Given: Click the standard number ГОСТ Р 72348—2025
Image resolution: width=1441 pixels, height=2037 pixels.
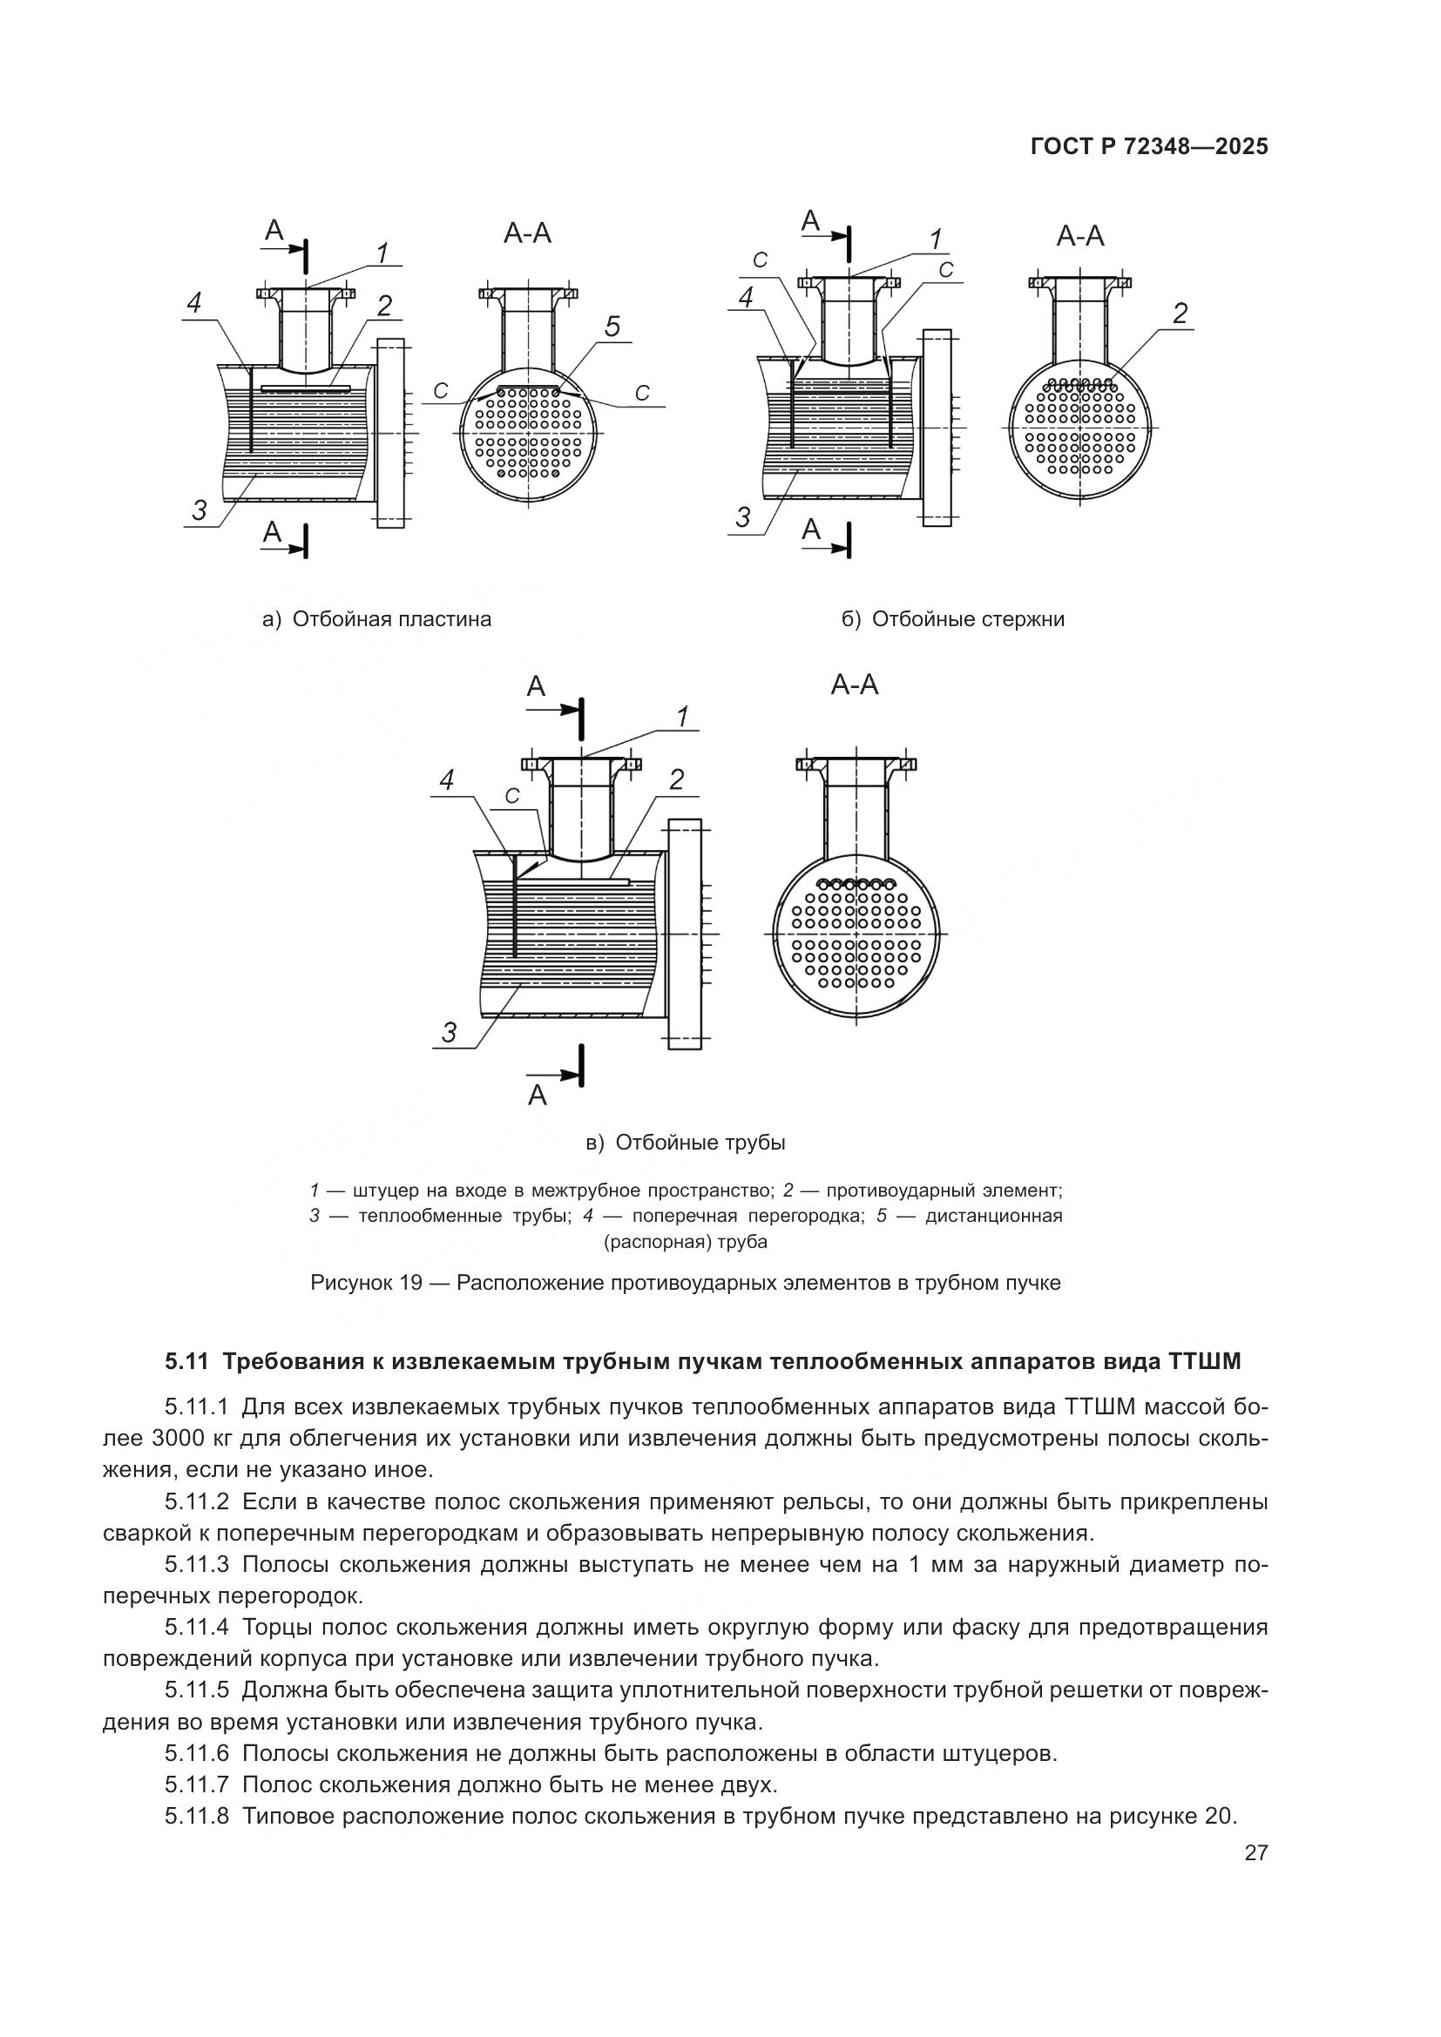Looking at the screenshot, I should [1149, 146].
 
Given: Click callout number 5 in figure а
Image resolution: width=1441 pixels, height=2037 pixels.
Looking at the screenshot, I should [612, 327].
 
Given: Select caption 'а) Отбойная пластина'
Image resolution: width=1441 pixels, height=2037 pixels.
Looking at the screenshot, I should [377, 619].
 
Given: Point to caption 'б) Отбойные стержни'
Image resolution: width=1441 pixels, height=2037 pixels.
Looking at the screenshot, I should [953, 619].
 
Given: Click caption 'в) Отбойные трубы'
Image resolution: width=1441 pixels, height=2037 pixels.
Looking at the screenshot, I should [686, 1143].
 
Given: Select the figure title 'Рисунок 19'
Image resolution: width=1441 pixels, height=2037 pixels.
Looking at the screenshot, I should [365, 1283].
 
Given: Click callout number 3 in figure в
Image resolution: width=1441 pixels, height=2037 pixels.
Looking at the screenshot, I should [450, 1032].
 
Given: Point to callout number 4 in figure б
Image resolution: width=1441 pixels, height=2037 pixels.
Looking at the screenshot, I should [747, 297].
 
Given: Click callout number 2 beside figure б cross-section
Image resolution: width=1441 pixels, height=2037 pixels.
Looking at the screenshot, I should [1180, 314].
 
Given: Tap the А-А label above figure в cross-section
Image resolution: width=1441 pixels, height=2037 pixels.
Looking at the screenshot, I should [855, 685].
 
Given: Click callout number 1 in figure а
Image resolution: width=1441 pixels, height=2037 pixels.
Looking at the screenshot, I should [382, 253].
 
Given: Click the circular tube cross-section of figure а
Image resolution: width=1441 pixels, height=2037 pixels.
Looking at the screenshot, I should [528, 434].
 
